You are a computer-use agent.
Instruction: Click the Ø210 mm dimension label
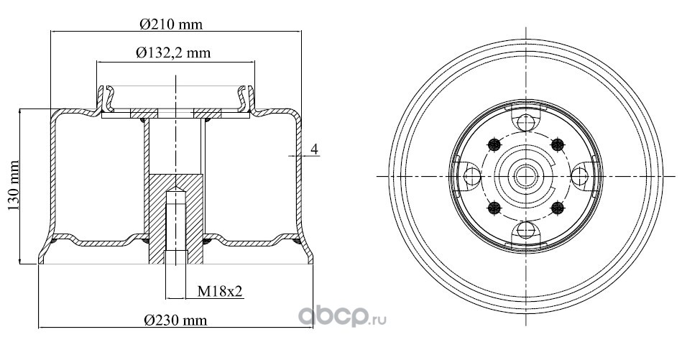click(x=171, y=24)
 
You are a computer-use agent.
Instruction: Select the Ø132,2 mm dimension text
click(x=173, y=53)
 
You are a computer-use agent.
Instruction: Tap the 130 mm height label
click(x=14, y=185)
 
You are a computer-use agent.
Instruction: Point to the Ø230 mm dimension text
click(x=175, y=320)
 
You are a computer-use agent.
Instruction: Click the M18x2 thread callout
click(x=220, y=292)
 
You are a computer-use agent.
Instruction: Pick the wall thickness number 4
click(x=315, y=149)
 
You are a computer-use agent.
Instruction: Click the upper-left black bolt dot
click(x=494, y=144)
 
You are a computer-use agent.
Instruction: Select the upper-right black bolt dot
click(x=557, y=144)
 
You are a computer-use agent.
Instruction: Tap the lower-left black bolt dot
click(x=494, y=208)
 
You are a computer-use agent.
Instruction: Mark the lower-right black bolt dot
click(x=557, y=208)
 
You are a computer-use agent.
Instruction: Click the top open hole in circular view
click(x=526, y=122)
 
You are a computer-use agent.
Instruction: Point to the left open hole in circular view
click(x=472, y=176)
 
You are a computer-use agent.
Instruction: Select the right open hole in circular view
click(x=579, y=176)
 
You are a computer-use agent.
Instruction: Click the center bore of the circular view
click(x=526, y=176)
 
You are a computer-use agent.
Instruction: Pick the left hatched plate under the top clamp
click(x=144, y=114)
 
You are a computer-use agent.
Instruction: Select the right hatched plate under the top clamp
click(x=208, y=114)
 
